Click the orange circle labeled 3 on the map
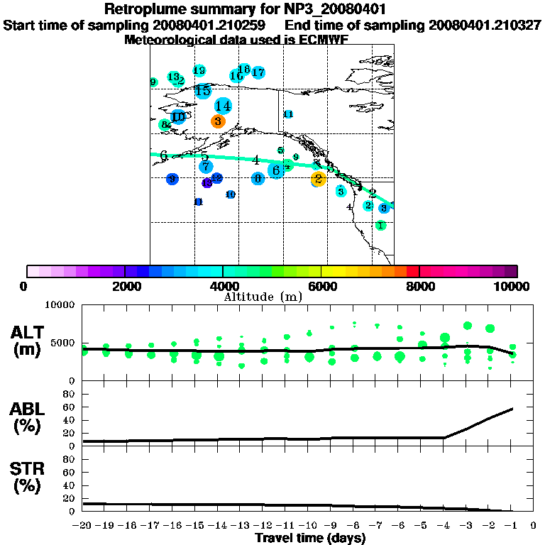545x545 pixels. pyautogui.click(x=218, y=121)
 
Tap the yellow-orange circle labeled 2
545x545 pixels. pyautogui.click(x=318, y=179)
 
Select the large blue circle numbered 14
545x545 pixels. pyautogui.click(x=223, y=106)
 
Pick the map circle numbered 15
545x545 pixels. pyautogui.click(x=203, y=91)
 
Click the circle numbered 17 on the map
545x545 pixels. pyautogui.click(x=258, y=72)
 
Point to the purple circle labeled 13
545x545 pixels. pyautogui.click(x=207, y=182)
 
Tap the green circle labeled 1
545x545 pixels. pyautogui.click(x=381, y=225)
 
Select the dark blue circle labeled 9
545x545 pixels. pyautogui.click(x=172, y=179)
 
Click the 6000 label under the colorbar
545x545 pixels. pyautogui.click(x=321, y=286)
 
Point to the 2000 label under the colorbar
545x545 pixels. pyautogui.click(x=124, y=286)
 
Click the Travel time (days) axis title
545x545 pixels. pyautogui.click(x=310, y=538)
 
